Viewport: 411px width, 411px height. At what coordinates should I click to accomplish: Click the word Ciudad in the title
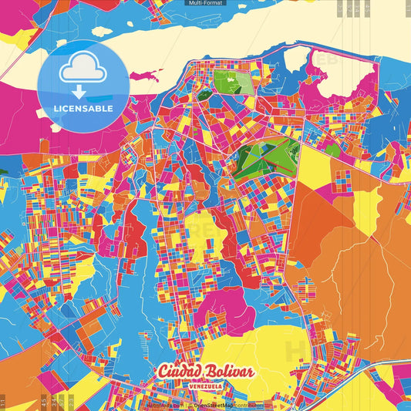tap(175, 372)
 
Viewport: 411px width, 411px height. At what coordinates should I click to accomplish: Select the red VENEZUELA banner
tap(205, 385)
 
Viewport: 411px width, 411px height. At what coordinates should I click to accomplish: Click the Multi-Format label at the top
tap(205, 3)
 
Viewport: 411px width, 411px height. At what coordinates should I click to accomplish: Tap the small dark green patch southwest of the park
tap(205, 96)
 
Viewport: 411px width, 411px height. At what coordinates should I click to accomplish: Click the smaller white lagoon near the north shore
tap(296, 58)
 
